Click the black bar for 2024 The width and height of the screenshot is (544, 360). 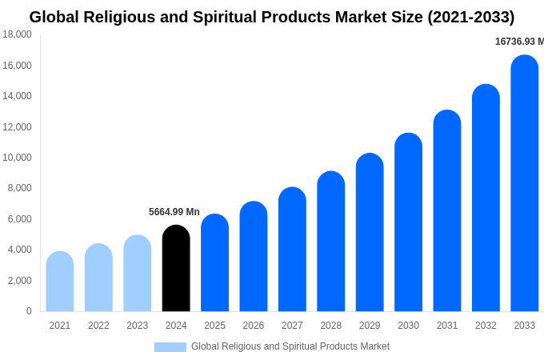(176, 269)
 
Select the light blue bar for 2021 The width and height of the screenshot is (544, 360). (60, 282)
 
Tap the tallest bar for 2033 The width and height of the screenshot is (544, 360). (525, 184)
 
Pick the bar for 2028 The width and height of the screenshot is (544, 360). (331, 242)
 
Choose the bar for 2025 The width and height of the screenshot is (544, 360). (214, 263)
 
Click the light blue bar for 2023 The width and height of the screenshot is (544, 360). (138, 274)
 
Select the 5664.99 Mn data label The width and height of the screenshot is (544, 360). (174, 212)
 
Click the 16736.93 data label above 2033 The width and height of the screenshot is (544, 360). (518, 42)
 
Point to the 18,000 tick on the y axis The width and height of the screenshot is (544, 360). (18, 34)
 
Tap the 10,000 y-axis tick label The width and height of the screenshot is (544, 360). (18, 158)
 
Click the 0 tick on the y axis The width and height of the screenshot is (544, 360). (29, 311)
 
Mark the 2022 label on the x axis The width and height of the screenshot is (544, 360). (98, 326)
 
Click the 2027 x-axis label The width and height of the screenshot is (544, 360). (292, 326)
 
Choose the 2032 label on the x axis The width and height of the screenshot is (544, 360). (486, 326)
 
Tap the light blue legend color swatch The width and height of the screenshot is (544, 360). (170, 347)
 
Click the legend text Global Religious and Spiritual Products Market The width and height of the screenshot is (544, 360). (290, 346)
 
